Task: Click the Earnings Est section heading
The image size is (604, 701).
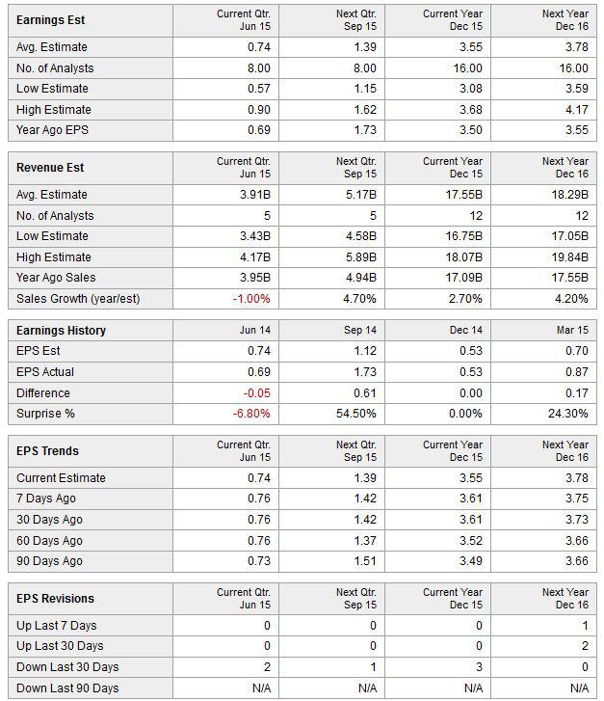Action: (50, 20)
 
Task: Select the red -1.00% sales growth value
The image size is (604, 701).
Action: (251, 299)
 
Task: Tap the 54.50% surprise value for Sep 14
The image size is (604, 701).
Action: (356, 414)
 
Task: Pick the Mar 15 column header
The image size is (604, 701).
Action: (572, 331)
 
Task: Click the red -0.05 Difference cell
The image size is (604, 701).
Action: (257, 393)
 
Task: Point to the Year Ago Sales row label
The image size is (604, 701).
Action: (56, 278)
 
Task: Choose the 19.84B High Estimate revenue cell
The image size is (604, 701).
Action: (569, 257)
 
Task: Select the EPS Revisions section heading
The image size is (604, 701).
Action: (56, 599)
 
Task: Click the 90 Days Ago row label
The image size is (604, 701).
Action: (49, 561)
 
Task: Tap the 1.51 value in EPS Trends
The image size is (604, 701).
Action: (365, 561)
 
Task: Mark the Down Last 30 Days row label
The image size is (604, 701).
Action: (67, 667)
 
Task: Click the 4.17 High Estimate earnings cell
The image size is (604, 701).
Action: (577, 110)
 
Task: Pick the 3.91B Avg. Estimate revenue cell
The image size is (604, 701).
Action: (255, 195)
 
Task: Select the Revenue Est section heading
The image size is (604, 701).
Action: (50, 168)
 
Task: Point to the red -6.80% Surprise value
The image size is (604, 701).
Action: (251, 414)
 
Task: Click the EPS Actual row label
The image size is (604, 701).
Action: (45, 372)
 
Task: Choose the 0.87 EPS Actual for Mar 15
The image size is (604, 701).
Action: (577, 372)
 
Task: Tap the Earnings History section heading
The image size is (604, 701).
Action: (62, 331)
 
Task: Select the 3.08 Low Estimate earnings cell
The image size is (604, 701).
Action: (471, 89)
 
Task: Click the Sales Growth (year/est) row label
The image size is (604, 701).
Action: (78, 299)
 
